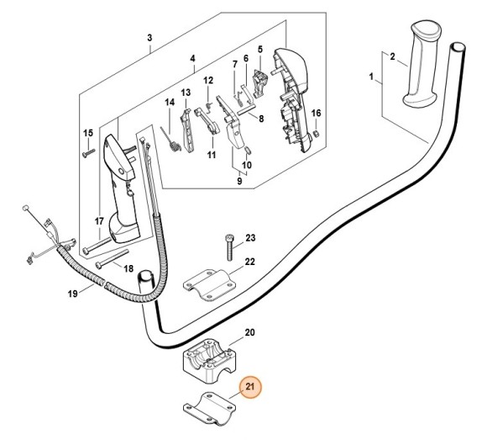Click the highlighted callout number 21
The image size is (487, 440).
[x=250, y=387]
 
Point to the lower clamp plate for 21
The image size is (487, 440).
[x=209, y=408]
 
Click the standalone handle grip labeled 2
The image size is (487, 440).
[x=422, y=65]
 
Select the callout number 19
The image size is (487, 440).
[x=72, y=294]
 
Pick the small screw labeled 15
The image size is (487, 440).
[x=89, y=153]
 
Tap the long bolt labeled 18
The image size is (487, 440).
[x=113, y=259]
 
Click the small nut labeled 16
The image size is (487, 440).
[x=317, y=134]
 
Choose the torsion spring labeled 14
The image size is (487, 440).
[x=170, y=140]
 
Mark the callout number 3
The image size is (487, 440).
[x=149, y=38]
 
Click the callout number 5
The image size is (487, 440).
[x=260, y=49]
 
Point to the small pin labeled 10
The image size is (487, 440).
[x=248, y=150]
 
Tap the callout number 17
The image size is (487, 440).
[x=99, y=221]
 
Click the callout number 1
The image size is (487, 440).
[x=371, y=77]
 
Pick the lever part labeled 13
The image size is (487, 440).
[x=186, y=130]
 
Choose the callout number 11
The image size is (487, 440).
[x=212, y=155]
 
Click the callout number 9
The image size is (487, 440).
[x=239, y=181]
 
